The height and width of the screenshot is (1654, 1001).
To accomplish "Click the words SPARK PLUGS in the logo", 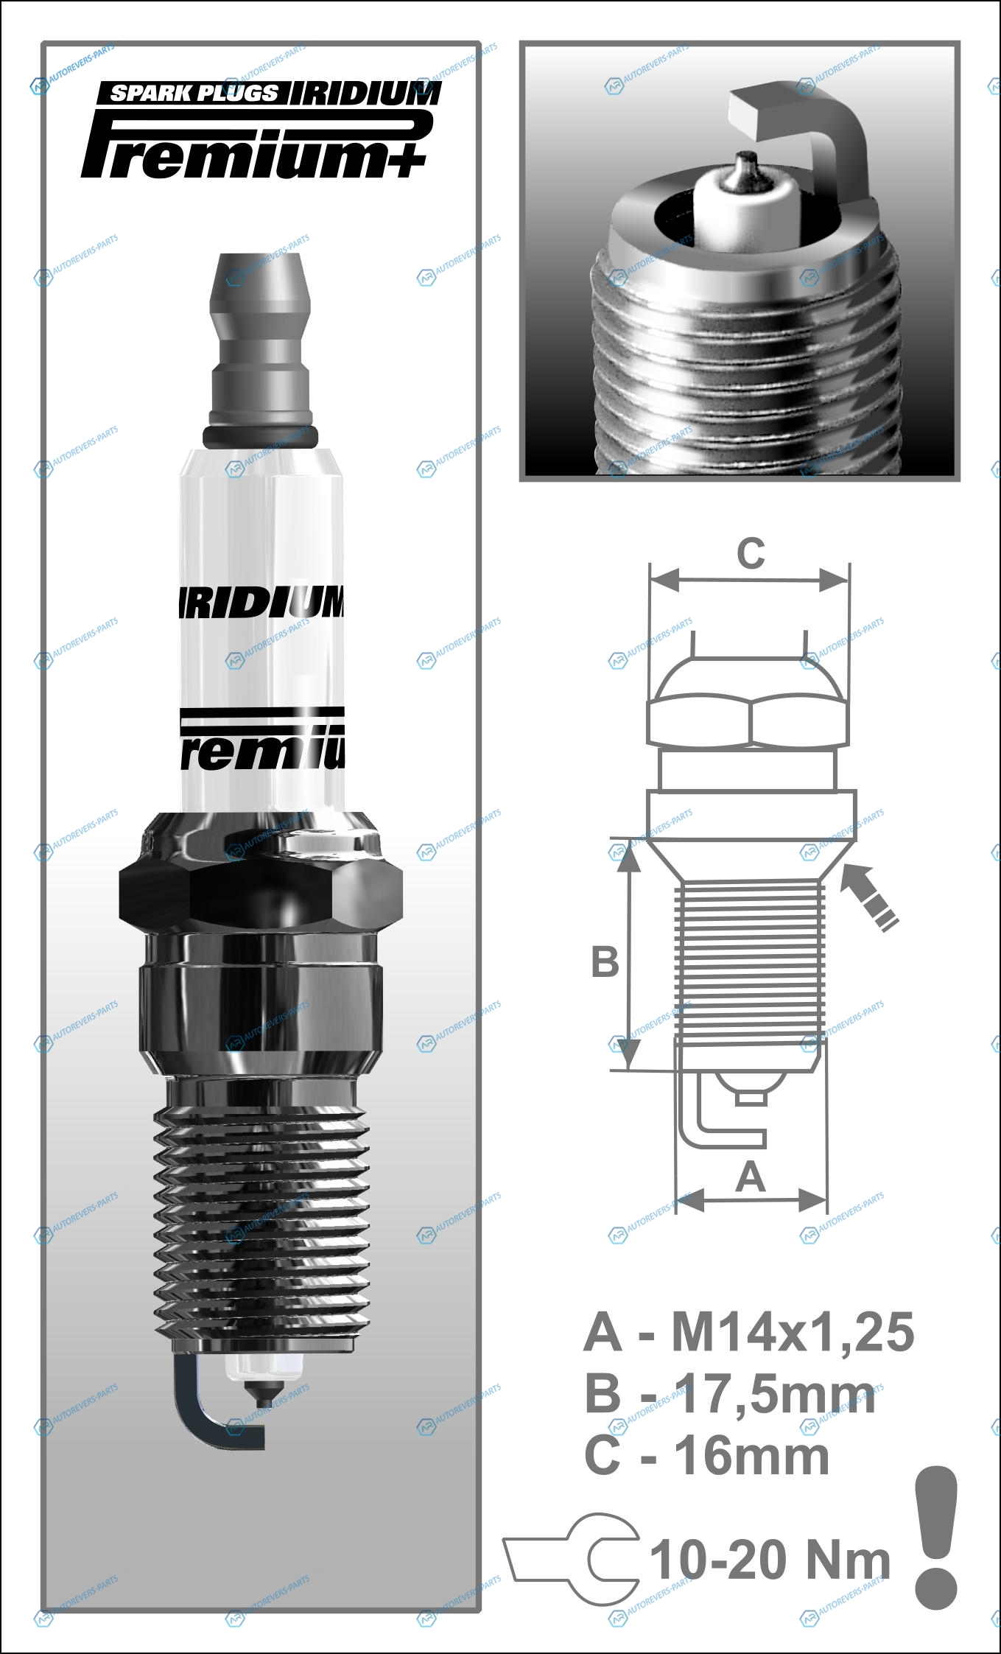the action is [194, 93].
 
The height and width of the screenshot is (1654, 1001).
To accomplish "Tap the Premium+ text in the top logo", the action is [254, 145].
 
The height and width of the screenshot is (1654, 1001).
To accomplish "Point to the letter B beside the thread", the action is [605, 961].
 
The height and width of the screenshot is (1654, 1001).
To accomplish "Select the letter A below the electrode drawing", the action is [751, 1176].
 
